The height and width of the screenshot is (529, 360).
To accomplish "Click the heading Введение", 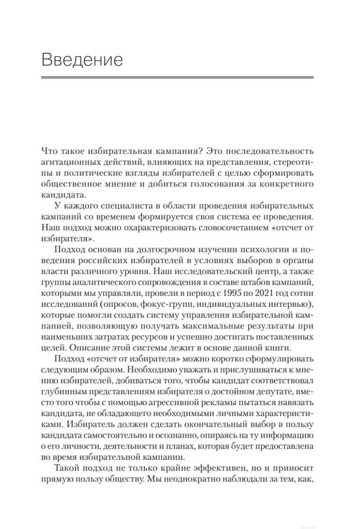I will tap(82, 60).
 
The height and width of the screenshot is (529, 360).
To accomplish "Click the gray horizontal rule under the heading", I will tap(177, 78).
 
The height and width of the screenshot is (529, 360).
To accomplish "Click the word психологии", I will tap(253, 246).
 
